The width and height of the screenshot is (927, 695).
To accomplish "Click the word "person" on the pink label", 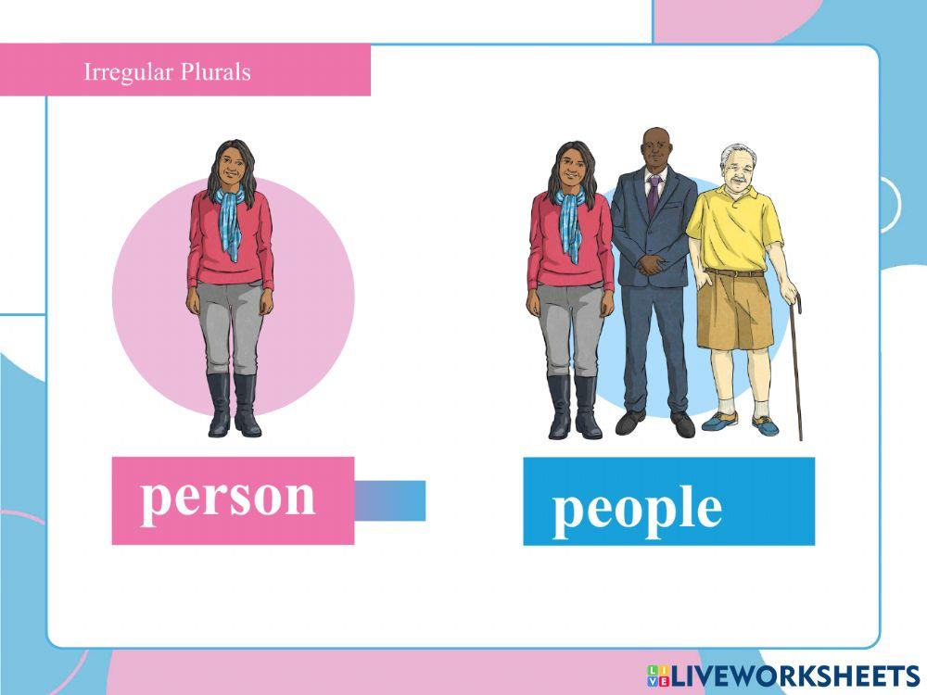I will pos(228,499).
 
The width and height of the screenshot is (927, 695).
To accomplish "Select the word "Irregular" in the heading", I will pos(122,71).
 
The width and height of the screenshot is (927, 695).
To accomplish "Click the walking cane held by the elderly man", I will pos(796,371).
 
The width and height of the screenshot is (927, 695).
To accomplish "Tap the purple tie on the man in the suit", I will pos(654,195).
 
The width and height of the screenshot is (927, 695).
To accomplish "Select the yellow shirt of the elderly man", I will pos(733,227).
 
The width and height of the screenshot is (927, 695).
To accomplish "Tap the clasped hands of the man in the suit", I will pos(654,265).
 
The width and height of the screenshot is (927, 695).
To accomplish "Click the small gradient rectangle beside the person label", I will pos(389,500).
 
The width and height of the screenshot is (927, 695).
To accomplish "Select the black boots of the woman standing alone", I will pos(233,405).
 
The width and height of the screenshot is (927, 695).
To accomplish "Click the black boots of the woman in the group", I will pos(573,406).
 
